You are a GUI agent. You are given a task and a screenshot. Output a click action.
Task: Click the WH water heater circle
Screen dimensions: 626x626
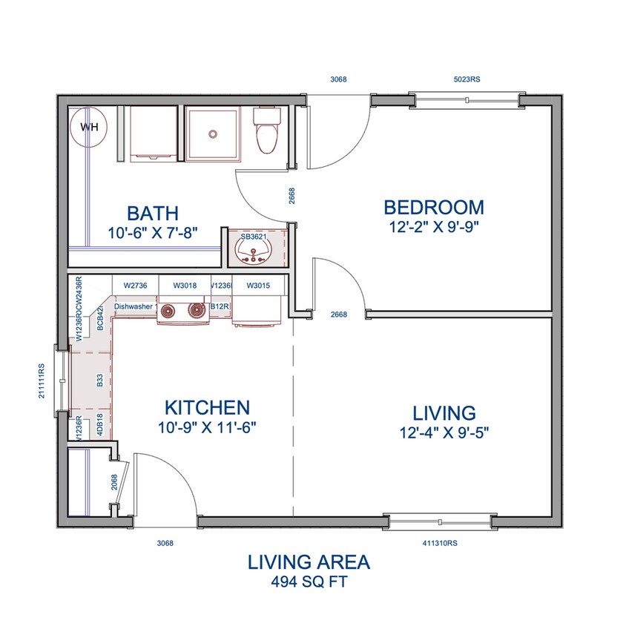tap(88, 127)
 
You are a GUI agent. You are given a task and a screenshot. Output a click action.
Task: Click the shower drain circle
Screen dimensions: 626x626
tap(213, 134)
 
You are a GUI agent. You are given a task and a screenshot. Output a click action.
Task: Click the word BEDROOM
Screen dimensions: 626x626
tap(433, 208)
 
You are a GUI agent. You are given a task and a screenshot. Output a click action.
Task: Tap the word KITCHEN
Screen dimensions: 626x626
tap(206, 407)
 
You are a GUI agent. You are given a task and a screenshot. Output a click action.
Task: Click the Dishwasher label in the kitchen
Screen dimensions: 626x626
tap(134, 306)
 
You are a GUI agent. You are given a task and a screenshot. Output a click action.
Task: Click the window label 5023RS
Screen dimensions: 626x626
tap(467, 79)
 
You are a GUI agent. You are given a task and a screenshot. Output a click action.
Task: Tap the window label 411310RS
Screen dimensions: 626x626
tap(440, 543)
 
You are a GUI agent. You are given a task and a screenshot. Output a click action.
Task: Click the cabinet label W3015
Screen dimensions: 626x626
tap(257, 286)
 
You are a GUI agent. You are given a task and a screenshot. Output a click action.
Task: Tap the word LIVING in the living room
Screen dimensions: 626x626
tap(444, 412)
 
